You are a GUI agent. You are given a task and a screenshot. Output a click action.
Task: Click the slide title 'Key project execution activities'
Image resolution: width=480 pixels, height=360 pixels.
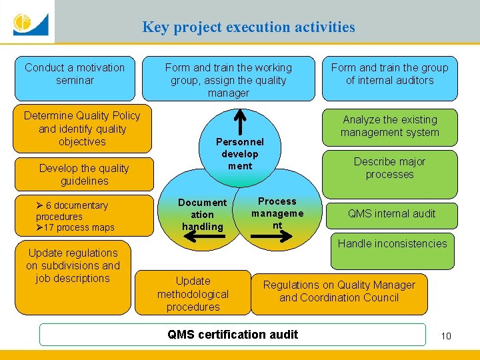coord(248,27)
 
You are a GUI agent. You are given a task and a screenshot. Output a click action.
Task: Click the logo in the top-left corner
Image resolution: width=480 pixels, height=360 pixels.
coord(28,23)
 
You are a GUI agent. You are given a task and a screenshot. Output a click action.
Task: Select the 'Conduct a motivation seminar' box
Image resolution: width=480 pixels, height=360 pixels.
coord(74,74)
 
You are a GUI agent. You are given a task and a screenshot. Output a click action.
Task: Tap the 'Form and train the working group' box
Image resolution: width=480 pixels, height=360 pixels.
coord(228,80)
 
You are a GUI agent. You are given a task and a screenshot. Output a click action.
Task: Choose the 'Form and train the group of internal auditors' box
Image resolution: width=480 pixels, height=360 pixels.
coord(389,74)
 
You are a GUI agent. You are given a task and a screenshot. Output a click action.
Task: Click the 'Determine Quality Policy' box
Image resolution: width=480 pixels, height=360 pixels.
coord(82,129)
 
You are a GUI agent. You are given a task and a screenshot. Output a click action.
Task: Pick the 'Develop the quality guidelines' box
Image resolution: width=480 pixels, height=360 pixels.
coord(84,174)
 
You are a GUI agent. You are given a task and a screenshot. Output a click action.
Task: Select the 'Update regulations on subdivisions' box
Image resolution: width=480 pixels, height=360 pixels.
coord(73,265)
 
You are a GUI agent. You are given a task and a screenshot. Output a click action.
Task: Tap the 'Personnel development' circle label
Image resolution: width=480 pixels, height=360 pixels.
coord(240,153)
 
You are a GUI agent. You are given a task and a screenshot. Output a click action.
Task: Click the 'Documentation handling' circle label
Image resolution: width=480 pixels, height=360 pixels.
coord(202,214)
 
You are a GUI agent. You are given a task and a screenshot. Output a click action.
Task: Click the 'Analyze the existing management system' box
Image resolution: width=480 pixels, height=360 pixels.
coord(389,126)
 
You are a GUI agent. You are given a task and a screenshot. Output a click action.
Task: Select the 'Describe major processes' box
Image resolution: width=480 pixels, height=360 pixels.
coord(389,168)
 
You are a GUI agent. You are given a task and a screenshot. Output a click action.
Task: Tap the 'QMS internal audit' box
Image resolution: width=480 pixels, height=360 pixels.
coord(391,214)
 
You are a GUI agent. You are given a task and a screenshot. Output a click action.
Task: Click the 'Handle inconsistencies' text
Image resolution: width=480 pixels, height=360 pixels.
coord(392,243)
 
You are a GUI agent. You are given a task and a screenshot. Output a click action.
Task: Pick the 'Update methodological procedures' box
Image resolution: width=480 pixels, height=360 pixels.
coord(193,293)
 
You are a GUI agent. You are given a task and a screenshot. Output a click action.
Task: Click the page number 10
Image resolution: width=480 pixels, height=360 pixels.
coord(446,335)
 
